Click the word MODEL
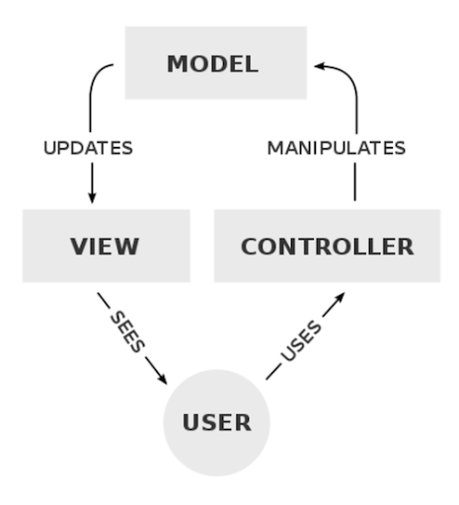click(x=212, y=64)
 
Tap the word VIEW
click(x=105, y=247)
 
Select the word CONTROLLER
click(x=328, y=247)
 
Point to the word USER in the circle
click(x=217, y=422)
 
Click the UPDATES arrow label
click(x=88, y=148)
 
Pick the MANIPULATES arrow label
click(x=337, y=148)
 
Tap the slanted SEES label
click(x=127, y=331)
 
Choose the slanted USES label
click(x=301, y=341)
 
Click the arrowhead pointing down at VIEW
click(x=92, y=198)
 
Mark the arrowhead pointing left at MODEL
click(x=320, y=66)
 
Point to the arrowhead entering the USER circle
click(x=163, y=379)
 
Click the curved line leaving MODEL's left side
click(x=94, y=86)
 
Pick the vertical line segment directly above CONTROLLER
click(x=355, y=181)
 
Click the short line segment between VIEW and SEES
click(x=104, y=301)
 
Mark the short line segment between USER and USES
click(x=273, y=372)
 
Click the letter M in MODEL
click(x=178, y=64)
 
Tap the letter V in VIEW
click(x=79, y=247)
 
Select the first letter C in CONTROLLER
click(x=250, y=247)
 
